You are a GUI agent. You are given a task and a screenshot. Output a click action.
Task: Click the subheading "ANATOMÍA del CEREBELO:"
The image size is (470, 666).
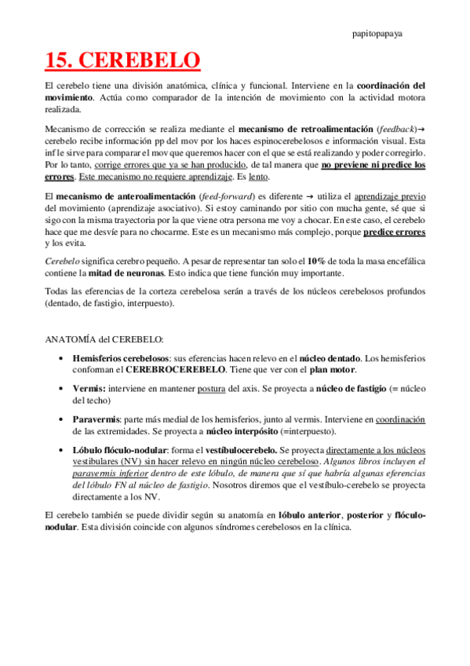coord(104,339)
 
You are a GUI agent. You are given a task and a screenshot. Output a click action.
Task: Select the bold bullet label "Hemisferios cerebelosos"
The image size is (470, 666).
coord(121,358)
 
